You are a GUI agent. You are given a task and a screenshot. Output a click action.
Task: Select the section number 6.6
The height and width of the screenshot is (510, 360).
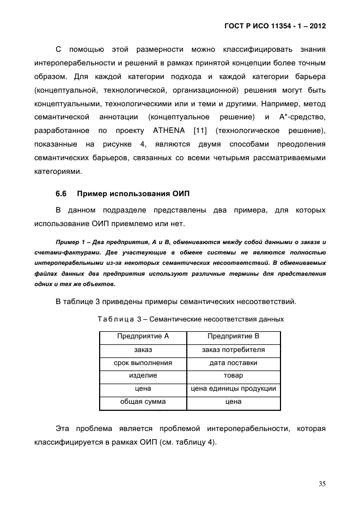tap(60, 194)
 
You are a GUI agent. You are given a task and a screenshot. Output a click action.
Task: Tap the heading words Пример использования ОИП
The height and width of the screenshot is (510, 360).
tap(133, 194)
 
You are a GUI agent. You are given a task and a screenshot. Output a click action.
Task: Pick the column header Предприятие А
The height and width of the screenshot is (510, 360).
tap(143, 336)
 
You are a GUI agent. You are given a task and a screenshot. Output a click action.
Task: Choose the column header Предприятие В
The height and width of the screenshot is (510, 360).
tap(233, 336)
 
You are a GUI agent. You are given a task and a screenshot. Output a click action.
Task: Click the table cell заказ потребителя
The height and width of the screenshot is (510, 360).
tap(233, 350)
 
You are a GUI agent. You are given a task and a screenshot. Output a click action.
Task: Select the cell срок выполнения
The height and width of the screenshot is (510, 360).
tap(143, 363)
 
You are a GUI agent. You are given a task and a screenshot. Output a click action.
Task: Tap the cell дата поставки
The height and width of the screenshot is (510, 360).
tap(233, 363)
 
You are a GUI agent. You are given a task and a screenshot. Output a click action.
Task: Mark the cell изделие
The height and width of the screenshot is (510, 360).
tap(143, 376)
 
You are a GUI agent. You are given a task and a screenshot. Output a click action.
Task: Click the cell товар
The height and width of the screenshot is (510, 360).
tap(233, 376)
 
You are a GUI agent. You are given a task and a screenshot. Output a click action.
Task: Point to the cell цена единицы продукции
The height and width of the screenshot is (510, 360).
tap(233, 389)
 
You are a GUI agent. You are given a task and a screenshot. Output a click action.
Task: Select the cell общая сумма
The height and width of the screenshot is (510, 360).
tap(143, 402)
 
